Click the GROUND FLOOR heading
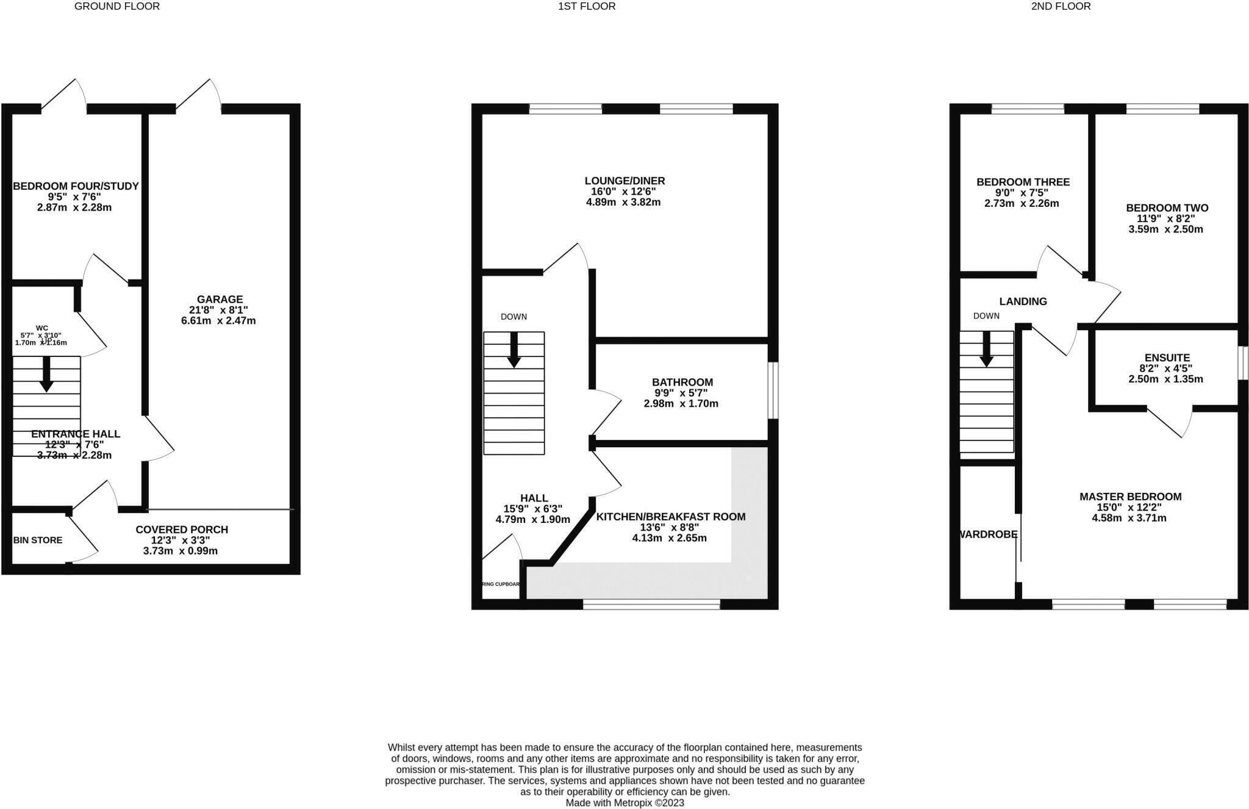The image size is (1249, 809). tap(117, 6)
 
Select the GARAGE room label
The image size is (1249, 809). tap(220, 300)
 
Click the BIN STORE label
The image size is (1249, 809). tap(38, 540)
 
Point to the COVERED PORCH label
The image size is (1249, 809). tap(182, 530)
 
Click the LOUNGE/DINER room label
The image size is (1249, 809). tap(624, 181)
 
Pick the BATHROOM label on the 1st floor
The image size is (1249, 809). tap(682, 383)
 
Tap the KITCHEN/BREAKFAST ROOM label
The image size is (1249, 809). tap(670, 517)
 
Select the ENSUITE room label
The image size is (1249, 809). tap(1167, 358)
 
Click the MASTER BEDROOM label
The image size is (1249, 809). tap(1130, 497)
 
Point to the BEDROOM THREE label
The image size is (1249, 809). tap(1023, 182)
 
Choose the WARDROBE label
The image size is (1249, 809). tap(988, 534)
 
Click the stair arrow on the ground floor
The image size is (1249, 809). tap(46, 374)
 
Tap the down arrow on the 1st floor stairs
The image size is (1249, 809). tap(514, 350)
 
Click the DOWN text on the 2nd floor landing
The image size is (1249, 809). tap(986, 316)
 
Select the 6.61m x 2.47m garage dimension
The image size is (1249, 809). tap(218, 321)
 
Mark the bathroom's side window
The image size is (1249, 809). tap(773, 390)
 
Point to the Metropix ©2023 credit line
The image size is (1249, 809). tap(624, 803)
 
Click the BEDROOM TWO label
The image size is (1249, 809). tap(1167, 208)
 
